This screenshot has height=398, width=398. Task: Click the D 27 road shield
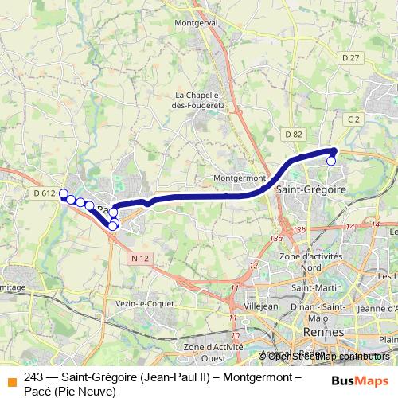[x=351, y=57]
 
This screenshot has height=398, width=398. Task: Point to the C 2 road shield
[x=355, y=119]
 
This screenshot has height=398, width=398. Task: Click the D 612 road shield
[x=45, y=193]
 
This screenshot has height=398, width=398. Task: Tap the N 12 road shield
[x=141, y=259]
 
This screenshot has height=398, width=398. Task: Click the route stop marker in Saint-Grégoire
[x=331, y=162]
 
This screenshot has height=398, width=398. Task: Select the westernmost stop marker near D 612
[x=64, y=193]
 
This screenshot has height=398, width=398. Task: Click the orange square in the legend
[x=10, y=379]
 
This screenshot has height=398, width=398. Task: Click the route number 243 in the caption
[x=33, y=378]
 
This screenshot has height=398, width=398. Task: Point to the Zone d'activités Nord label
[x=310, y=262]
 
